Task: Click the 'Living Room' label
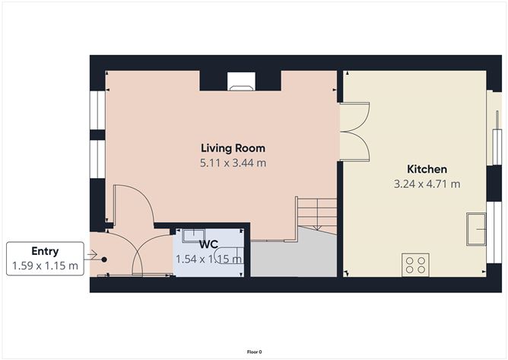click(233, 148)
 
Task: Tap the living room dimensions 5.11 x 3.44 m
click(233, 163)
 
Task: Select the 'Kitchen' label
click(427, 168)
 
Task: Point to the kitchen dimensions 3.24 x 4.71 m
click(427, 183)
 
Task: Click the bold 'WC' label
click(209, 245)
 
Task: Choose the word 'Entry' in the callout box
click(45, 251)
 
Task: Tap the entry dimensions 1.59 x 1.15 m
click(45, 266)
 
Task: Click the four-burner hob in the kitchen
click(416, 265)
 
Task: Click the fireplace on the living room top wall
click(240, 82)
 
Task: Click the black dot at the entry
click(104, 259)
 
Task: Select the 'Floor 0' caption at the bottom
click(254, 352)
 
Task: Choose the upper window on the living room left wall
click(97, 109)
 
